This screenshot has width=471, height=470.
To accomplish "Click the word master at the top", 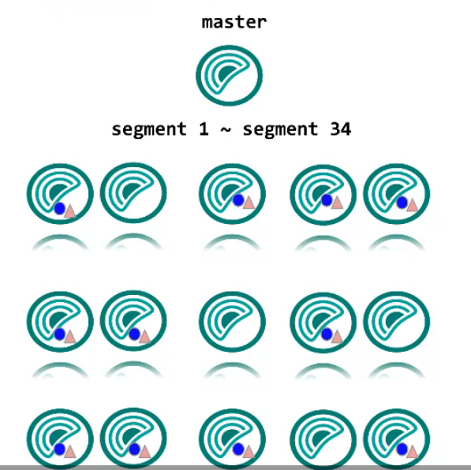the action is (234, 23).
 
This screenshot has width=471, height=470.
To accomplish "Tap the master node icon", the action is (230, 76).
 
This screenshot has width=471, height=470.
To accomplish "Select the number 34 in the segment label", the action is (340, 129).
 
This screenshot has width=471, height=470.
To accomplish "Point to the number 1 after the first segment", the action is (204, 129).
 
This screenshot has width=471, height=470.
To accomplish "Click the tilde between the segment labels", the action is (226, 130).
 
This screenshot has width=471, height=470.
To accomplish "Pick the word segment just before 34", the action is (280, 130).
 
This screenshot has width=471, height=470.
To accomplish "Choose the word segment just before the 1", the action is (149, 130).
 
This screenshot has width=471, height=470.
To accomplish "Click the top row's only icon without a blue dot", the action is (133, 192).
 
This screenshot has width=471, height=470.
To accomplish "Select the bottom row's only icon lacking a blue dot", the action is (323, 439).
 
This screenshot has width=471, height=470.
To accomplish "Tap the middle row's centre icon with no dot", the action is (232, 321).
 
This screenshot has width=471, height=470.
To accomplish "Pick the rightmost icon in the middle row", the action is (397, 321).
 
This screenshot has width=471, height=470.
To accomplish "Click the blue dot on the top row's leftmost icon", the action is (60, 208).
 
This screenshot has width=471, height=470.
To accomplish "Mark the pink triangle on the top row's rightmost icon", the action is (412, 205).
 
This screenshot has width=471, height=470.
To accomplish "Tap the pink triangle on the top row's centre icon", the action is (249, 202).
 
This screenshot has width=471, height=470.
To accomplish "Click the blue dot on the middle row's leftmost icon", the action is (60, 334).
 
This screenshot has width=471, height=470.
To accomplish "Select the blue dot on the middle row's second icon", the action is (134, 334).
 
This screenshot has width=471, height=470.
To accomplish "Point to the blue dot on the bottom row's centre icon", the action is (238, 449).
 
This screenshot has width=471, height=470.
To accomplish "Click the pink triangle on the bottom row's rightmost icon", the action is (412, 451).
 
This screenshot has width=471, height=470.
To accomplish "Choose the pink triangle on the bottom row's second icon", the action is (145, 451).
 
